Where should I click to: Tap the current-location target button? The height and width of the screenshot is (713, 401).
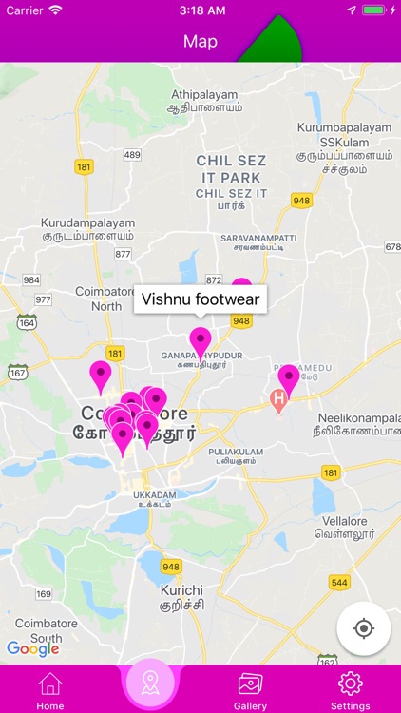click(x=363, y=628)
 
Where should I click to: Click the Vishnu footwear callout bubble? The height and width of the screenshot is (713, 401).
click(x=200, y=299)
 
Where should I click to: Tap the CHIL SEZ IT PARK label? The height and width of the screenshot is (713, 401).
click(x=232, y=168)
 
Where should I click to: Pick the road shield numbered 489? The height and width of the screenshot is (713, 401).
click(x=132, y=154)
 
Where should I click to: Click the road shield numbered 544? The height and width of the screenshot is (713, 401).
click(x=339, y=581)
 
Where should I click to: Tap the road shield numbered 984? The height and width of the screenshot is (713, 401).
click(x=31, y=279)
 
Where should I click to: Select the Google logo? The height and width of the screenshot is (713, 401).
click(x=32, y=648)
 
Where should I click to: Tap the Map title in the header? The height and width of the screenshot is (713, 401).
click(x=200, y=41)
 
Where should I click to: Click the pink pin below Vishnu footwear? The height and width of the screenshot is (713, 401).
click(x=200, y=339)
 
